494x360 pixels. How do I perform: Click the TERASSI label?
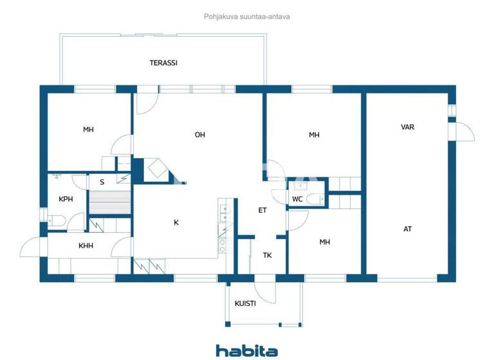point(163,63)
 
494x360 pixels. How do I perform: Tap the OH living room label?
point(199,134)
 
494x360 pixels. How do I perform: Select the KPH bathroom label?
point(66,199)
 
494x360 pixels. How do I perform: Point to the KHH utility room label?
point(86,245)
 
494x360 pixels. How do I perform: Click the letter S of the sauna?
point(102,182)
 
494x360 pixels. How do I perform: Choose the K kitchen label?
point(176,222)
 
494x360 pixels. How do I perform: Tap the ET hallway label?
point(262,210)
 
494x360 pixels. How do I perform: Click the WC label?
point(297,199)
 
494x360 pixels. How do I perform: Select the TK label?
point(267,255)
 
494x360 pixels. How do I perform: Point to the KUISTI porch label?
point(245,303)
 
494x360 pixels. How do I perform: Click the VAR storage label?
point(407,127)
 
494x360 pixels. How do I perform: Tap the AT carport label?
point(407,229)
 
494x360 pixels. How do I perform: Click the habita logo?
point(247,350)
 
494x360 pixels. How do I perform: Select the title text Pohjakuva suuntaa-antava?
point(247,17)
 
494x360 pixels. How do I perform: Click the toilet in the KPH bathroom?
point(55,221)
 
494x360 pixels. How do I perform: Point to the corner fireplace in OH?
point(156,170)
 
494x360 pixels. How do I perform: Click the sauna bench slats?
point(110,201)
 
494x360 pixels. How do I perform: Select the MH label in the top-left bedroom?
point(88,130)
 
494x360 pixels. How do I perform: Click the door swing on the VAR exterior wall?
point(464,132)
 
